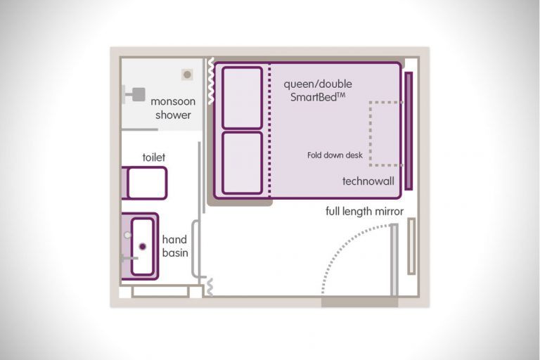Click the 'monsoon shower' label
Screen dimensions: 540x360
(x=173, y=108)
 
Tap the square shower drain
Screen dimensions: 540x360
(x=187, y=75)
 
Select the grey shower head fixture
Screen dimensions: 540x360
(x=134, y=94)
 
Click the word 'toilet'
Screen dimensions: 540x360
(x=153, y=157)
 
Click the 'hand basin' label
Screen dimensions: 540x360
(x=175, y=246)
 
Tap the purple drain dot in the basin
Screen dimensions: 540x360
(x=143, y=246)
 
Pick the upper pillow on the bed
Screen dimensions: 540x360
(x=242, y=98)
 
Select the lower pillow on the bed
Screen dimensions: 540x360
(x=242, y=163)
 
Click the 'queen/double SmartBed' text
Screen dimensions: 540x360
(x=318, y=91)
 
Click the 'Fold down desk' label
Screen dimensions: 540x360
(x=335, y=155)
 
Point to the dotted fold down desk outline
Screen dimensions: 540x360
(x=371, y=134)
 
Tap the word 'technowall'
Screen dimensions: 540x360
(x=368, y=181)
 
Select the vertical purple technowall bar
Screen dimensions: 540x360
(x=409, y=131)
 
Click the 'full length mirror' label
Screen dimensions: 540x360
(x=364, y=211)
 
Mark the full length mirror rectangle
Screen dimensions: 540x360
(x=411, y=246)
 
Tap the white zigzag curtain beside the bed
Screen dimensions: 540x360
(x=211, y=81)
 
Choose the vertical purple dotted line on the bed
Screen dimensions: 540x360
(x=269, y=129)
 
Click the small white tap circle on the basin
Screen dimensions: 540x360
(x=128, y=235)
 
